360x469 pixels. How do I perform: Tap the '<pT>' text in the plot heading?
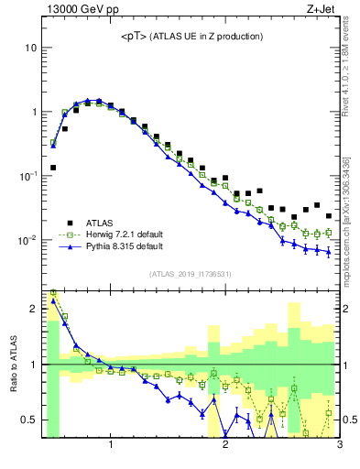pyautogui.click(x=135, y=36)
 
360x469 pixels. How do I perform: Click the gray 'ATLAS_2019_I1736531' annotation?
pyautogui.click(x=190, y=274)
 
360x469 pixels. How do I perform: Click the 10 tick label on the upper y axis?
pyautogui.click(x=30, y=48)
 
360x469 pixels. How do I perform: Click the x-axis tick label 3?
pyautogui.click(x=338, y=446)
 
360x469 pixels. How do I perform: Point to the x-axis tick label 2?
pyautogui.click(x=225, y=446)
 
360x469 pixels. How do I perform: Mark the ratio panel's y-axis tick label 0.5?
pyautogui.click(x=28, y=420)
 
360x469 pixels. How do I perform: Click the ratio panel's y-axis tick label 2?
pyautogui.click(x=32, y=309)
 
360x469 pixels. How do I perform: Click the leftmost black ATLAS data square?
pyautogui.click(x=53, y=168)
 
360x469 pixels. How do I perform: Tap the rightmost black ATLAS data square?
pyautogui.click(x=329, y=216)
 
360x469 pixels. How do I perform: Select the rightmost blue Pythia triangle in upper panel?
pyautogui.click(x=329, y=252)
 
